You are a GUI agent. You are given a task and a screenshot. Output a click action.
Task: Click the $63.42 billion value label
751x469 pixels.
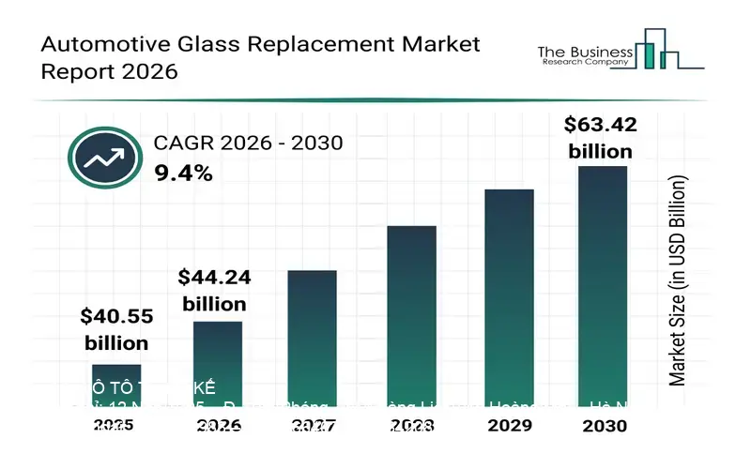pyautogui.click(x=597, y=137)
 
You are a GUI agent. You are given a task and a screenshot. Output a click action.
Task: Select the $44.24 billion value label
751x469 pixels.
pyautogui.click(x=214, y=290)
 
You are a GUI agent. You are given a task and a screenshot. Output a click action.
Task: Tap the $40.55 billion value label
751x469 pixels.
pyautogui.click(x=116, y=329)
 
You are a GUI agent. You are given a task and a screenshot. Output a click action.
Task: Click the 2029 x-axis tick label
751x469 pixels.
pyautogui.click(x=509, y=425)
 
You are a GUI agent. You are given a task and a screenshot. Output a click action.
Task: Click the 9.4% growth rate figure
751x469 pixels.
pyautogui.click(x=183, y=173)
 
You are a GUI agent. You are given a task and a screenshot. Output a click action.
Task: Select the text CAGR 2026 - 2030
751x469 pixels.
pyautogui.click(x=248, y=143)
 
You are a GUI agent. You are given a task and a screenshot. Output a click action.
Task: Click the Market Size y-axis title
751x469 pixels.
pyautogui.click(x=678, y=280)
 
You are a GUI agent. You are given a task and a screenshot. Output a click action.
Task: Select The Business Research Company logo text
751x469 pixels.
pyautogui.click(x=582, y=55)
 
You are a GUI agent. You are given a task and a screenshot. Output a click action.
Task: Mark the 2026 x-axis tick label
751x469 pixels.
pyautogui.click(x=218, y=425)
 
